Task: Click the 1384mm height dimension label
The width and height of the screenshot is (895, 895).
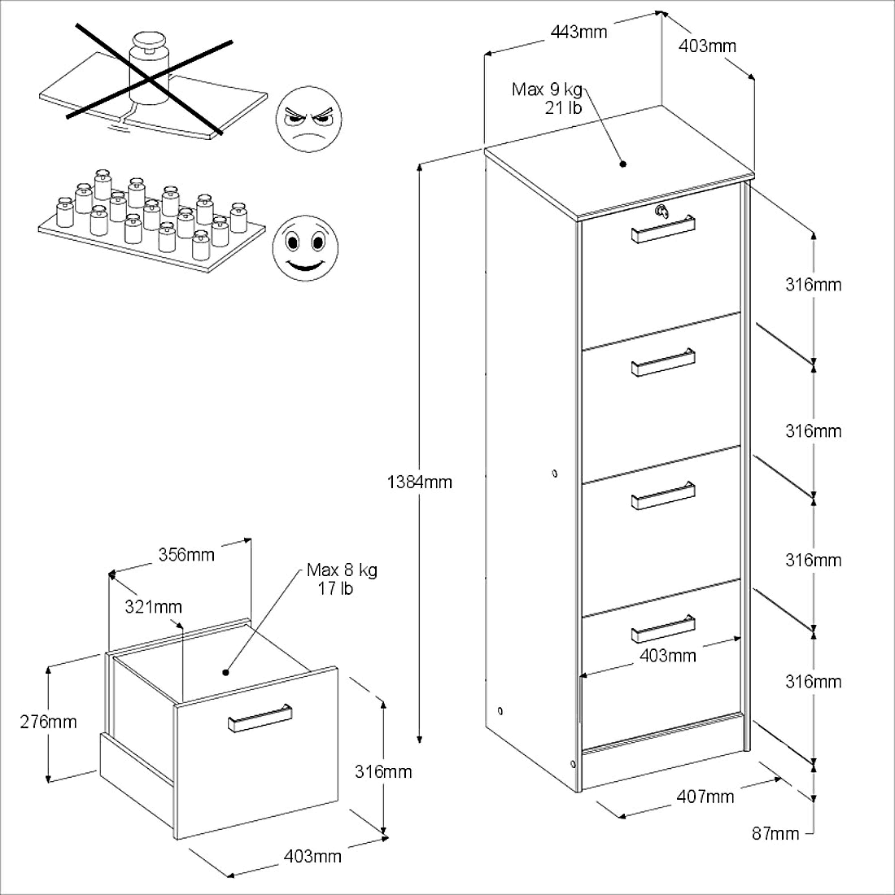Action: (419, 482)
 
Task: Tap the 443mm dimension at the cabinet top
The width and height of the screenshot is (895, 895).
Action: (579, 32)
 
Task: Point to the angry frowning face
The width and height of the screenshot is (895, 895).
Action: (309, 119)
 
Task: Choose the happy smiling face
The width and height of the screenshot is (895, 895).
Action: (305, 248)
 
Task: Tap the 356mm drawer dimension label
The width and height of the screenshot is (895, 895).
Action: (186, 554)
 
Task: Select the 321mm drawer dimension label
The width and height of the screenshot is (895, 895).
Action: (153, 606)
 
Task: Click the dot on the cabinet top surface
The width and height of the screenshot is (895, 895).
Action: (623, 164)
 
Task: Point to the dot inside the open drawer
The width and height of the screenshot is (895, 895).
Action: (226, 672)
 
